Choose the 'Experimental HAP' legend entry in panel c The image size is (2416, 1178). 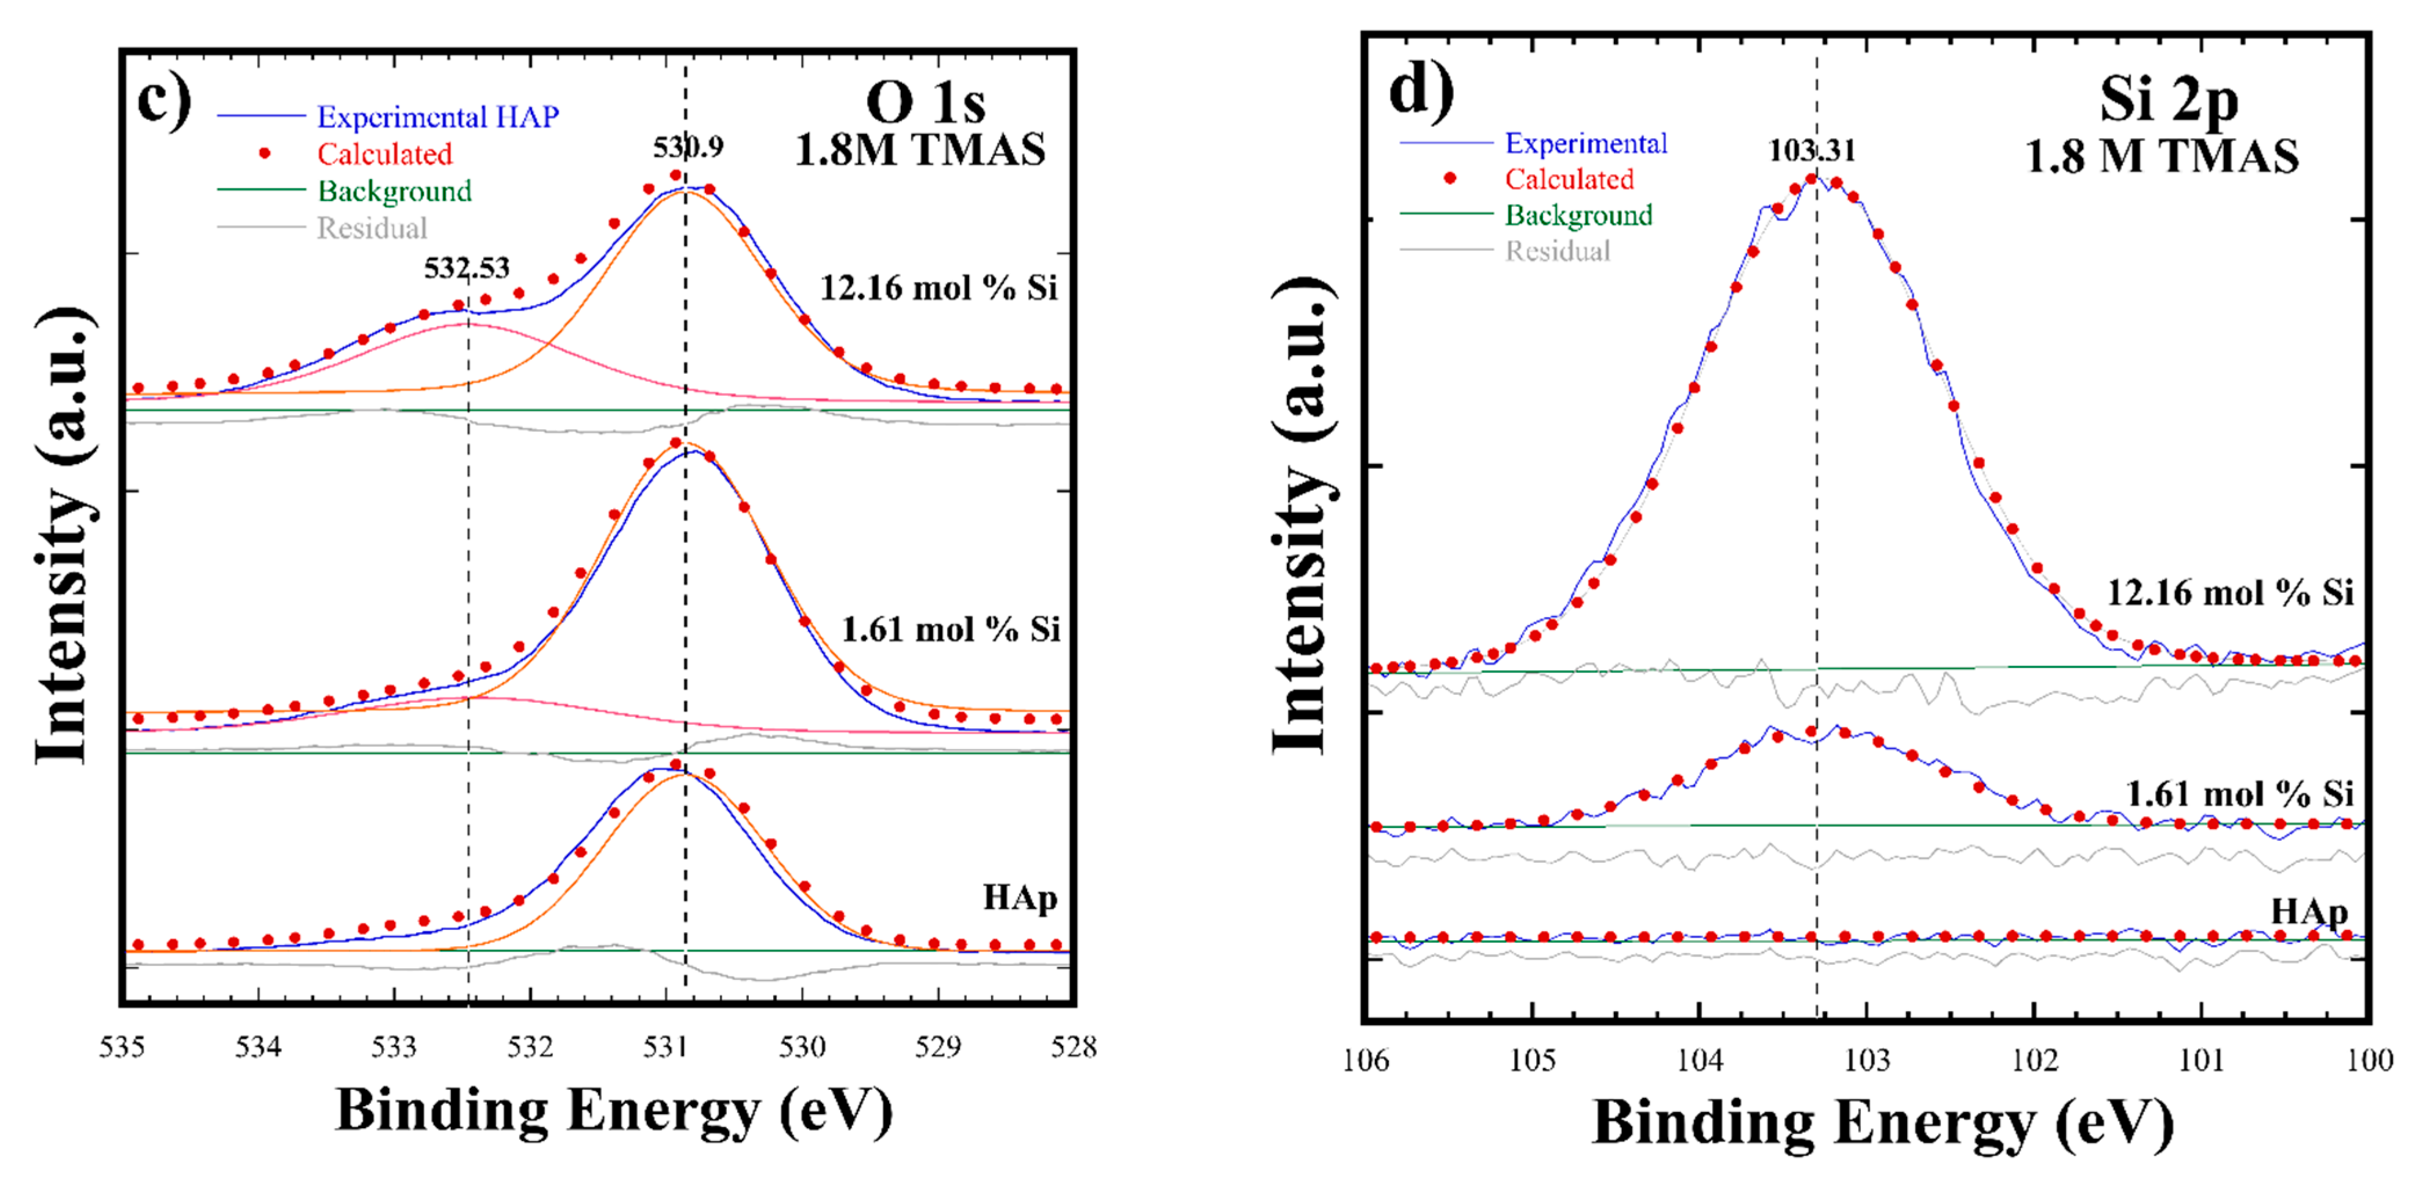coord(437,116)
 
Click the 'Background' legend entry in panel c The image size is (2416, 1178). coord(394,191)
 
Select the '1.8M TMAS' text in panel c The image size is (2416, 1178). coord(919,150)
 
